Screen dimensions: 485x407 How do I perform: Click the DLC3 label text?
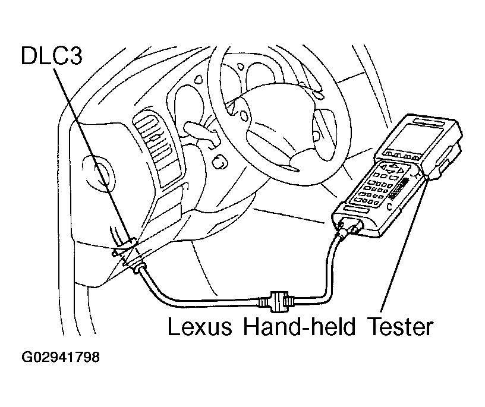pyautogui.click(x=52, y=56)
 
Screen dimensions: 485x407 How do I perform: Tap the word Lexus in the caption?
pyautogui.click(x=200, y=327)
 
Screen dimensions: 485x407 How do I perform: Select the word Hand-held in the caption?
pyautogui.click(x=300, y=327)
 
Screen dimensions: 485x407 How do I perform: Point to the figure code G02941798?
pyautogui.click(x=61, y=357)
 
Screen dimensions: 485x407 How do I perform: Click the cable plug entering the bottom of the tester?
pyautogui.click(x=348, y=228)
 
